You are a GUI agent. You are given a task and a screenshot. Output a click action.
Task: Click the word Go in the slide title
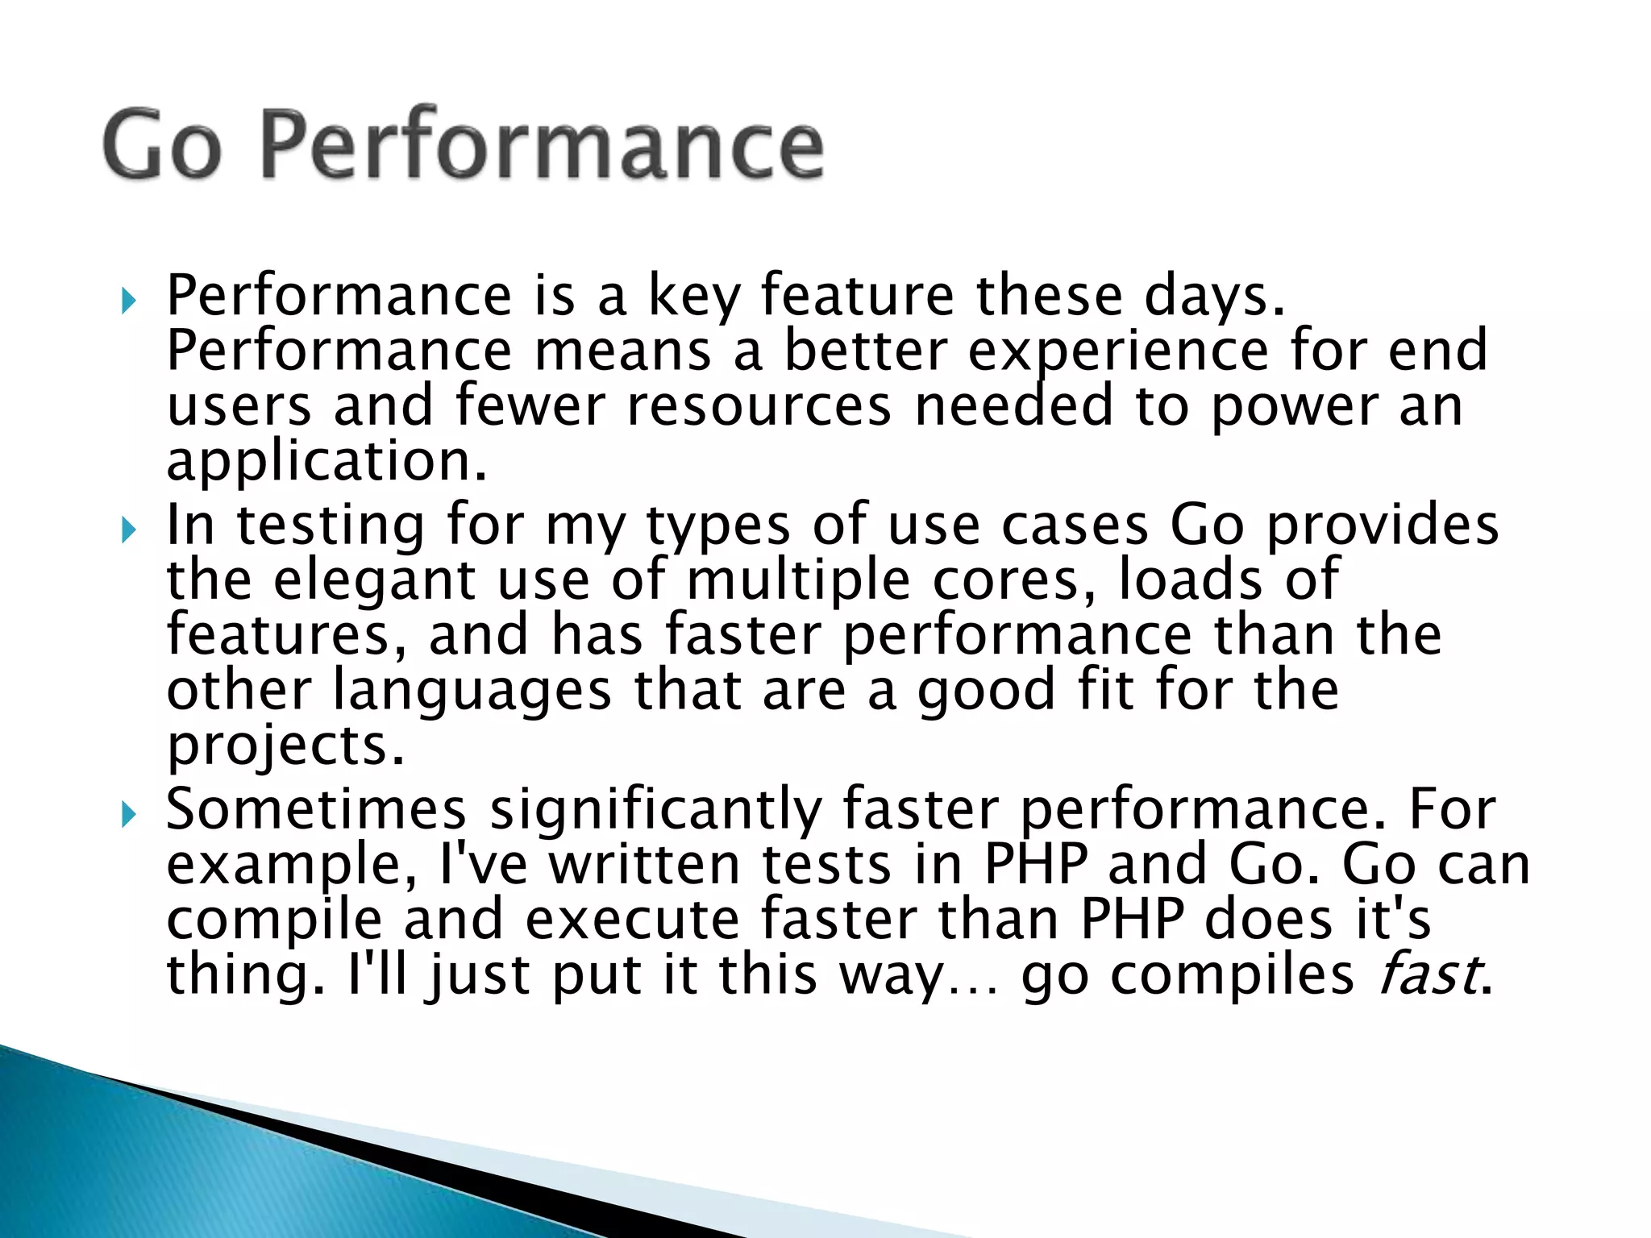pyautogui.click(x=162, y=146)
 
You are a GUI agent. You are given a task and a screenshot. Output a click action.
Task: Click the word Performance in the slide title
pyautogui.click(x=542, y=146)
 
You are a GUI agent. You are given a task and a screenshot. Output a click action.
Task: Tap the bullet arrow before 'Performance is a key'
pyautogui.click(x=128, y=301)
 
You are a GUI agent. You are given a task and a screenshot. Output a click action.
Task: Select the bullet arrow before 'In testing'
pyautogui.click(x=128, y=530)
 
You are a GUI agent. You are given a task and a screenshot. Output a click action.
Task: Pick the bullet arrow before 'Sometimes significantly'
pyautogui.click(x=128, y=815)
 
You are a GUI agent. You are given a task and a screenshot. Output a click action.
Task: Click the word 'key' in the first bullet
pyautogui.click(x=693, y=297)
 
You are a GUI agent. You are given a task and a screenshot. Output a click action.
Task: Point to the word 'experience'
pyautogui.click(x=1117, y=351)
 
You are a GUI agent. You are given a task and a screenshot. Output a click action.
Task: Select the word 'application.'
pyautogui.click(x=326, y=461)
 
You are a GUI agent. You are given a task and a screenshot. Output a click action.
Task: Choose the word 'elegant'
pyautogui.click(x=375, y=580)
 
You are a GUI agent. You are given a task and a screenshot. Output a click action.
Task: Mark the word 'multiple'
pyautogui.click(x=798, y=580)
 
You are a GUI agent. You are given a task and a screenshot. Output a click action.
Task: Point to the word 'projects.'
pyautogui.click(x=285, y=746)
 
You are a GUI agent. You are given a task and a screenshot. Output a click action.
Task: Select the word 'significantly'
pyautogui.click(x=656, y=810)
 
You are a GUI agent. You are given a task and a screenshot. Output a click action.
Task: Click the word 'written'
pyautogui.click(x=644, y=864)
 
